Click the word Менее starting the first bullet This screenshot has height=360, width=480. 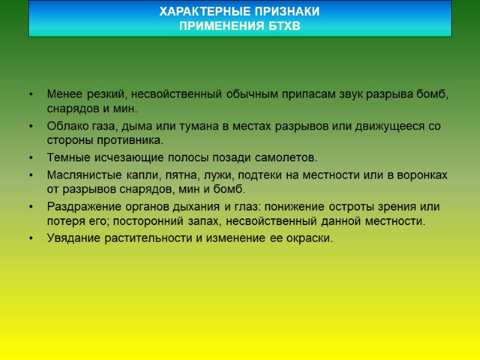pyautogui.click(x=64, y=95)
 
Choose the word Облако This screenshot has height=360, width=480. pyautogui.click(x=66, y=127)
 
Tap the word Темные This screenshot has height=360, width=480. pyautogui.click(x=65, y=158)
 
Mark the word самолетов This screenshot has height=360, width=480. pyautogui.click(x=286, y=158)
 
